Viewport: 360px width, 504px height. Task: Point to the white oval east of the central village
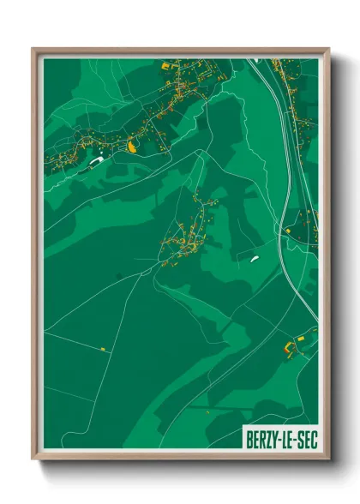point(255,255)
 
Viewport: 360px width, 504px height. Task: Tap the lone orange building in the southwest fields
point(102,349)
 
